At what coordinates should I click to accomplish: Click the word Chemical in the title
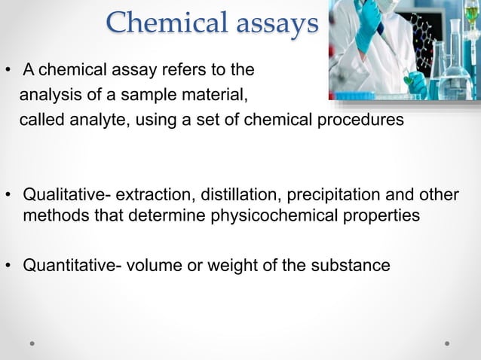tap(161, 23)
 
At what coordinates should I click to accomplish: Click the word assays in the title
tap(272, 25)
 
